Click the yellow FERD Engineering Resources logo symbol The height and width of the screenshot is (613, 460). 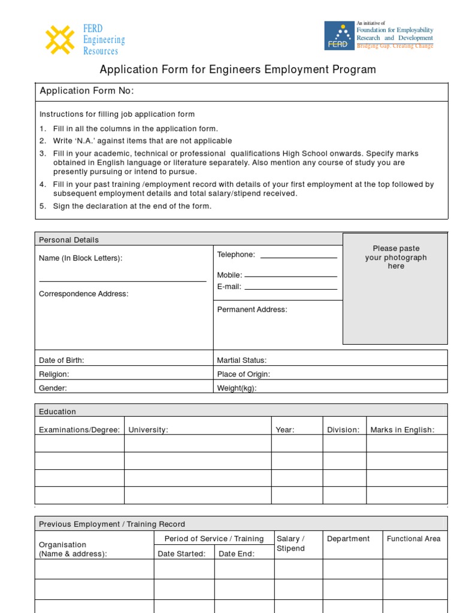coord(60,40)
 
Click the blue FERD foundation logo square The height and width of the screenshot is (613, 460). coord(339,36)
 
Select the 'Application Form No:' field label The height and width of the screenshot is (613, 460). coord(87,91)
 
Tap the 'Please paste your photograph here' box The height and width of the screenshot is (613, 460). coord(395,289)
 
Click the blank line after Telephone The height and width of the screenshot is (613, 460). coord(299,257)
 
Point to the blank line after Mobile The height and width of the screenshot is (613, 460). coord(291,277)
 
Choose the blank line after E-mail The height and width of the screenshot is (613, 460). coord(291,289)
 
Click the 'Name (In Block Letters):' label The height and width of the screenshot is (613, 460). coord(80,258)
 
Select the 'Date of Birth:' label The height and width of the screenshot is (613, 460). coord(62,360)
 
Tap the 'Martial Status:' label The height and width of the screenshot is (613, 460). coord(241,360)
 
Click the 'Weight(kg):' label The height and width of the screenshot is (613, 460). coord(237,388)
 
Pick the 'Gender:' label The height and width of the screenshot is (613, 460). coord(53,388)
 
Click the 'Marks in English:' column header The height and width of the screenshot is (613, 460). coord(402,430)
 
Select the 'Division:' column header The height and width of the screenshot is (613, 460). coord(343,430)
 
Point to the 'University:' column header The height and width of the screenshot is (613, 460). coord(148,430)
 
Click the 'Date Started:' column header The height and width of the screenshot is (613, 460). coord(181,554)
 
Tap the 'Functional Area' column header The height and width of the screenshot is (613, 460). coord(413,539)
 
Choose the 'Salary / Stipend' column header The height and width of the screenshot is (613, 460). coord(290,544)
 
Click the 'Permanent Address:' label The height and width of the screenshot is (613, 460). coord(252,309)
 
